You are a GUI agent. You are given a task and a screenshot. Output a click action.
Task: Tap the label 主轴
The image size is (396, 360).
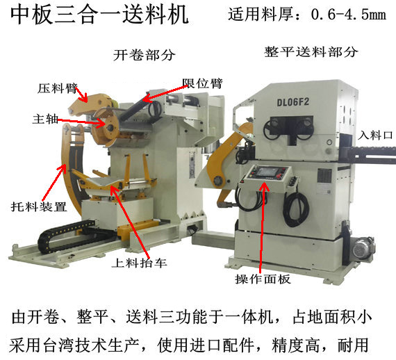pos(43,119)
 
